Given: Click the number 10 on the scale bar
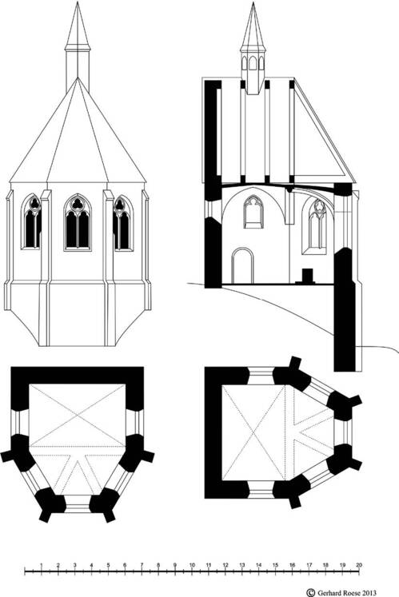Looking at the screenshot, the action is coord(192,565).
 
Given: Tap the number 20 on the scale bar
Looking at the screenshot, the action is coord(359,565).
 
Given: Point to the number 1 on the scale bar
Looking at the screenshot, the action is coord(41,565).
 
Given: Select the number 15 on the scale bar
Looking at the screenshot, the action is coord(276,565).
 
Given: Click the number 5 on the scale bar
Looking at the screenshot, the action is coord(108,565).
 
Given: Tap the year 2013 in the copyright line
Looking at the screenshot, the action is coord(369,593).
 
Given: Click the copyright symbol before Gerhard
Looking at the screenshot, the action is coord(311,593).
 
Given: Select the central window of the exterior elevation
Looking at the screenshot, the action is coord(78,222).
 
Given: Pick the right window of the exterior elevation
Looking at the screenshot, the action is coord(123,223).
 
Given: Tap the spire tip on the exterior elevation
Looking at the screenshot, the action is coord(78,2).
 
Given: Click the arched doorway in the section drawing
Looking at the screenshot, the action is coord(243,266).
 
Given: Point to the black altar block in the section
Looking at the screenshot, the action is coord(307,276).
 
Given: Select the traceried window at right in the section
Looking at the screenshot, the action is coord(316,226).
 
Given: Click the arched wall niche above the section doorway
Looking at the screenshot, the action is coord(253,212).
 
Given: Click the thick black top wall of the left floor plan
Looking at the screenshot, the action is coord(78,376).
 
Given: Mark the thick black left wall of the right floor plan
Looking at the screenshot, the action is coord(213,432).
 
